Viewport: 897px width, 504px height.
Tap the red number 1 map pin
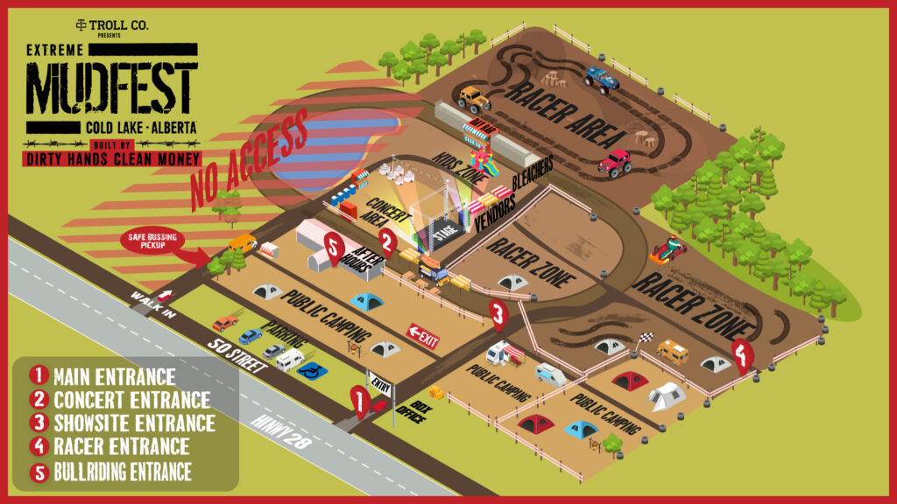pyautogui.click(x=357, y=400)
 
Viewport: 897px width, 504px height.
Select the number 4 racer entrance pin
pyautogui.click(x=743, y=355)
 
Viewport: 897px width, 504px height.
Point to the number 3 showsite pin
pyautogui.click(x=498, y=312)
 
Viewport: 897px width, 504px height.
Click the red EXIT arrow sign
pyautogui.click(x=423, y=336)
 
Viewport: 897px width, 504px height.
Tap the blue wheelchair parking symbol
pyautogui.click(x=311, y=371)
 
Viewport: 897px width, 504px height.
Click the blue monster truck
pyautogui.click(x=602, y=79)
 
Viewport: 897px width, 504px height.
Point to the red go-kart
pyautogui.click(x=668, y=251)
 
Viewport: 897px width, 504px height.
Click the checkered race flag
pyautogui.click(x=645, y=338)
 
